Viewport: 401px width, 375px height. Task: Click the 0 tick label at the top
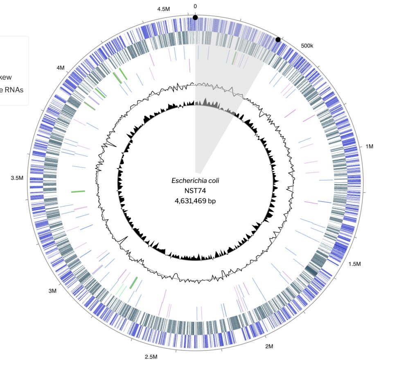[x=195, y=6]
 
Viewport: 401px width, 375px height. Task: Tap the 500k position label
[x=306, y=45]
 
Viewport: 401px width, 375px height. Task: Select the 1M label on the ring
[x=370, y=146]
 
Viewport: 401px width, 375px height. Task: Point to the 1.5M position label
[x=354, y=264]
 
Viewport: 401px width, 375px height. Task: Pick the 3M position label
[x=52, y=291]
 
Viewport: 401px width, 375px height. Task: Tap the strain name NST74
[x=195, y=190]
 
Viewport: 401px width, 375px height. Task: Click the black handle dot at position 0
[x=195, y=18]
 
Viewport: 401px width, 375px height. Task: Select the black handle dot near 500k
[x=278, y=40]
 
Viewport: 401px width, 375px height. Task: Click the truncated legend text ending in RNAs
[x=14, y=90]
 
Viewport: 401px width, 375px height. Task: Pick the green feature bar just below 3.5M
[x=78, y=191]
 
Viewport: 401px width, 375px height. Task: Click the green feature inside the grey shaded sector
[x=234, y=58]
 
